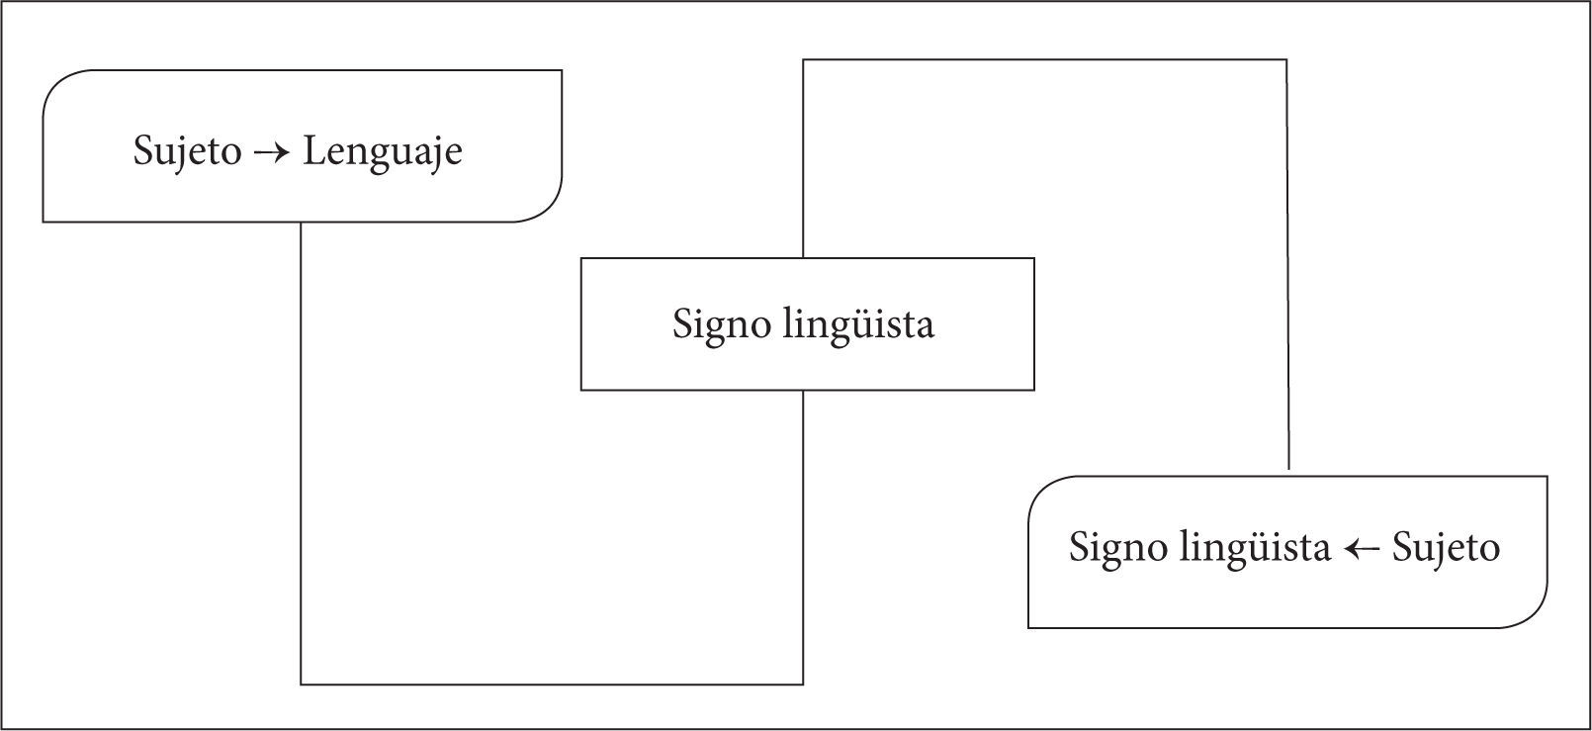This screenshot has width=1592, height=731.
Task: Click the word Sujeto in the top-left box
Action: [x=187, y=152]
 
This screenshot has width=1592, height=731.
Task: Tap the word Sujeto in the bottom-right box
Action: [x=1446, y=548]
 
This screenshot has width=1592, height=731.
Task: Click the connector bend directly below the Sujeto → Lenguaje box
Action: [x=301, y=684]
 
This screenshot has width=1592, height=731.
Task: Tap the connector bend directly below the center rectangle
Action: [x=803, y=684]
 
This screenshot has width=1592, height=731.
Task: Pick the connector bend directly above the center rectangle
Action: [x=803, y=60]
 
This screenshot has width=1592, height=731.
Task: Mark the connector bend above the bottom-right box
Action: [x=1286, y=60]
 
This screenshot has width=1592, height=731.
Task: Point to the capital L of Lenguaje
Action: [x=312, y=151]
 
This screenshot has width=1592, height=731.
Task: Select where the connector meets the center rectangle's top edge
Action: [x=803, y=258]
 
